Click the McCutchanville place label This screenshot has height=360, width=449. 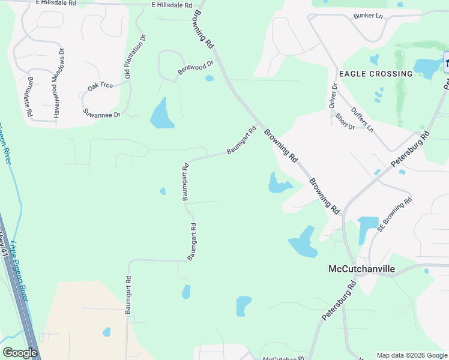[x=361, y=269]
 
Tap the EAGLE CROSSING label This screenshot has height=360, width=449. [x=376, y=74]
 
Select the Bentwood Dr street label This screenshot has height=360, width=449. [x=196, y=68]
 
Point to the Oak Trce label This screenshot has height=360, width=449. [x=100, y=86]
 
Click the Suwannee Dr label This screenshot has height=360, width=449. [x=102, y=113]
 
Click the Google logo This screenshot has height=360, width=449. [x=20, y=353]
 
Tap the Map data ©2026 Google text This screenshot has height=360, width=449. [x=411, y=355]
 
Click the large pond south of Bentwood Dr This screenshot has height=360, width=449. [x=161, y=113]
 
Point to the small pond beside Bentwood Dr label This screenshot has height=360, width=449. [x=209, y=78]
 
